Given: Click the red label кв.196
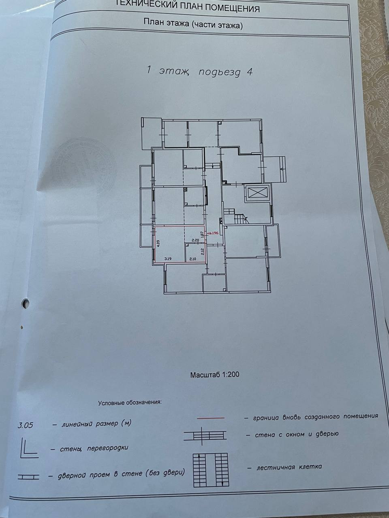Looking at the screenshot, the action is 213,233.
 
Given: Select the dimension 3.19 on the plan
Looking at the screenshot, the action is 167,258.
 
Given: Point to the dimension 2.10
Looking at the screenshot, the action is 192,259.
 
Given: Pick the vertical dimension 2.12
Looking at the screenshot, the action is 202,251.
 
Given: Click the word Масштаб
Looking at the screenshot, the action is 205,375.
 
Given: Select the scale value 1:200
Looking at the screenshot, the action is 231,375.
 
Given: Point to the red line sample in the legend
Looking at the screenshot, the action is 210,418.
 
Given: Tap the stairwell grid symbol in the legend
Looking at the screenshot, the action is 211,469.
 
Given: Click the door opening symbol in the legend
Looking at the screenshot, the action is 28,477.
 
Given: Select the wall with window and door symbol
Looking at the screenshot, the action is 205,435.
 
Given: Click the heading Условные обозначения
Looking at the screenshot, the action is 130,403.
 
